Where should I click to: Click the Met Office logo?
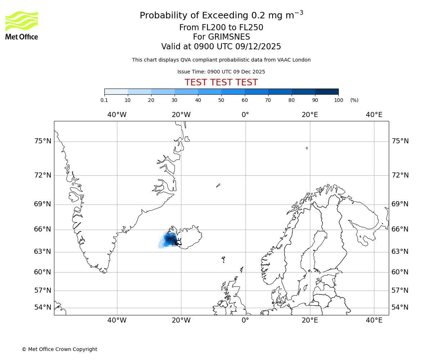(22, 25)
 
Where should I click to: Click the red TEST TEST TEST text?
(221, 82)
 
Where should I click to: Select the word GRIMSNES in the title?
(221, 37)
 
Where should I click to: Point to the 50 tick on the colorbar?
(221, 100)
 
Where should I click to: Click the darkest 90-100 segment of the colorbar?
(327, 91)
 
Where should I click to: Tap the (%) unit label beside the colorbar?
(354, 100)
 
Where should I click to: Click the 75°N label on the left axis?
(42, 141)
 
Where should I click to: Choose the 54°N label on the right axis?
(400, 307)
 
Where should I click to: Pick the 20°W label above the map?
(181, 115)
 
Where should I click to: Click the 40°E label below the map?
(374, 320)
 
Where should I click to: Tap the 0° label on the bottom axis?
(246, 320)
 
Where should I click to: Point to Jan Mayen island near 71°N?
(218, 185)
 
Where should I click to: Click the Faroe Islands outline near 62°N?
(224, 259)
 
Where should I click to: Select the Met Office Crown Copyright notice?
(59, 349)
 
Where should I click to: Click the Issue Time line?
(221, 72)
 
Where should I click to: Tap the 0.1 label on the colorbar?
(104, 100)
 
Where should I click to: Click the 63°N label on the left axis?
(42, 251)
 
